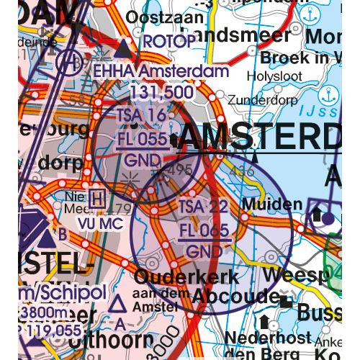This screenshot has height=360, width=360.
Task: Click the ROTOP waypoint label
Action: pos(169,42)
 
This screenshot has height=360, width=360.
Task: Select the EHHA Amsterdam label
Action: pos(161,71)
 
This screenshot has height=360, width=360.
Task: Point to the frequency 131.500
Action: pos(161,91)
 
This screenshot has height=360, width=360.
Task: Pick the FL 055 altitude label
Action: pos(142,138)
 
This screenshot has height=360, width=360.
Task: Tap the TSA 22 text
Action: pos(204,207)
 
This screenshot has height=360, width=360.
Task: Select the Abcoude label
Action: pos(234,296)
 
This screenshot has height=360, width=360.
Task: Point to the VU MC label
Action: pos(98,224)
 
